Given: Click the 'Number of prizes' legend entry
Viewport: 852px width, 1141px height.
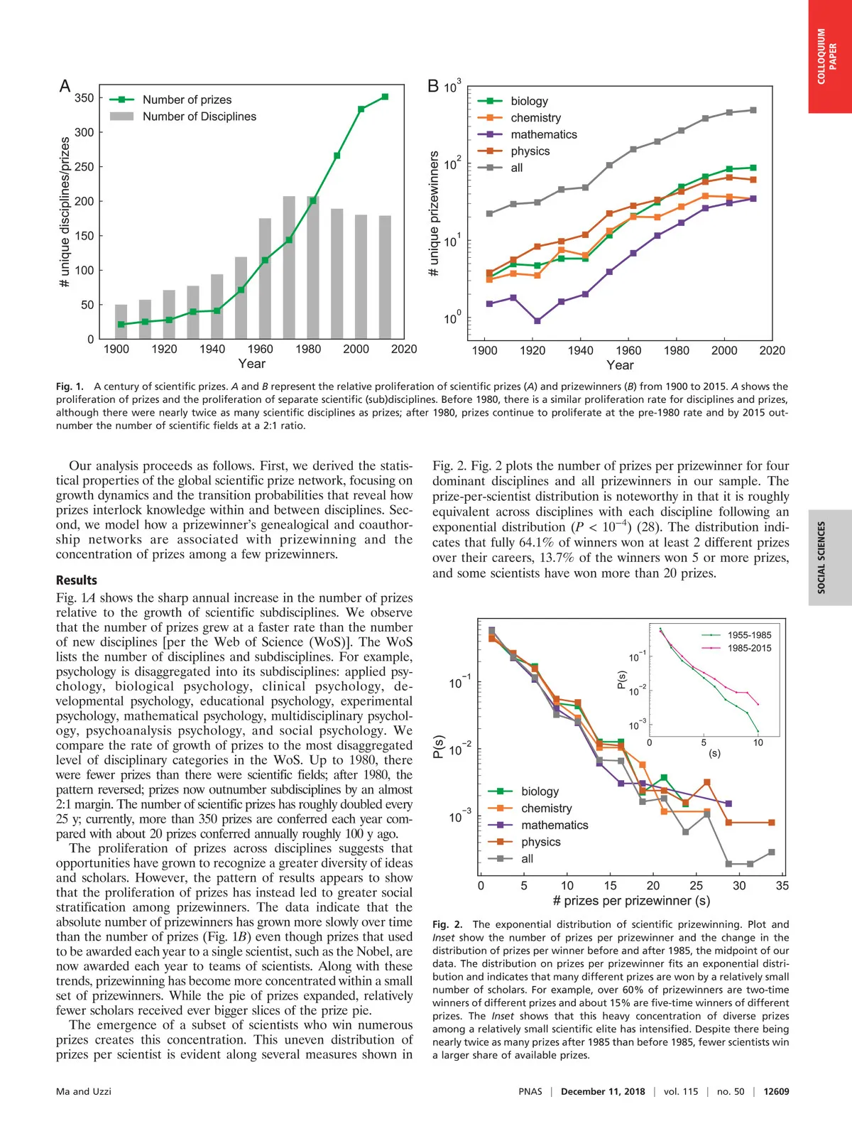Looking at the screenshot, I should point(187,99).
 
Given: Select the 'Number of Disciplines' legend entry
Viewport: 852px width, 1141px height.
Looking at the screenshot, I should point(199,117).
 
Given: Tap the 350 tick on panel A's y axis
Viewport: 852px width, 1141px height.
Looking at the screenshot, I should point(84,98).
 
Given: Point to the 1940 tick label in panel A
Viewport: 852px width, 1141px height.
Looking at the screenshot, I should point(212,349).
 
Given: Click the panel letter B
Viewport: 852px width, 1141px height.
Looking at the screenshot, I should point(433,87).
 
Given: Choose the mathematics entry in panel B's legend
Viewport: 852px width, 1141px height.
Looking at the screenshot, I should point(543,134).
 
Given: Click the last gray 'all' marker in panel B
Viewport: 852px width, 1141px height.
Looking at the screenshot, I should point(753,110).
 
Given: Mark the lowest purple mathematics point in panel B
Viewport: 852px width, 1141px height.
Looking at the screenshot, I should point(537,321).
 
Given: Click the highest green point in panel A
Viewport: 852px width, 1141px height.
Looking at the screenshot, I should point(385,97).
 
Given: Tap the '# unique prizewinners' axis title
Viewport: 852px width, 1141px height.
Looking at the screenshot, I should point(434,213).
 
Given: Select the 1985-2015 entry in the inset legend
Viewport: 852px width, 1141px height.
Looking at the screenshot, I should point(749,648).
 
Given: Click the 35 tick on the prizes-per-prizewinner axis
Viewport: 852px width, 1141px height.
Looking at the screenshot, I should point(782,885).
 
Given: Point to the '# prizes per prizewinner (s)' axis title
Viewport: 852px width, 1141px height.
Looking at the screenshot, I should point(631,901).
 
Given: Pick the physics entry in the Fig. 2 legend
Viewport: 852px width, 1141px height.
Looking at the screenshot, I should point(540,842).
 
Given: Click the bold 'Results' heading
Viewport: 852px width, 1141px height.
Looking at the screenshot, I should point(77,580).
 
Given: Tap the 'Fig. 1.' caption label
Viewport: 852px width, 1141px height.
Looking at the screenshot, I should point(70,386).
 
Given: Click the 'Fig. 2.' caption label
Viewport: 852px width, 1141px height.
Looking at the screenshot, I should point(447,924).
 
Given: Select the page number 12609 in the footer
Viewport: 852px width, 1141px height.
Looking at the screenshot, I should point(776,1091).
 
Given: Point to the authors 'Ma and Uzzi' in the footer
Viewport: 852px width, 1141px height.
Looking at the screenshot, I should point(84,1091).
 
